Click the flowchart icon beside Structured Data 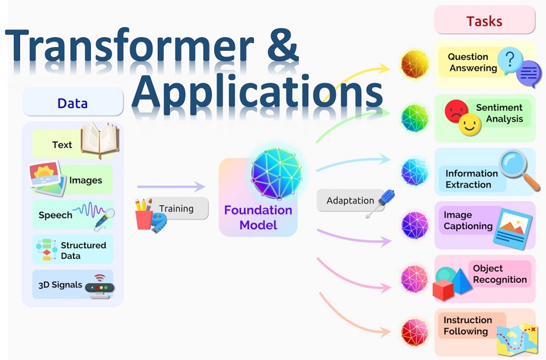pos(47,249)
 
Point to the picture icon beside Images pos(47,178)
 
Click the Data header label pos(72,104)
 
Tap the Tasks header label pos(485,21)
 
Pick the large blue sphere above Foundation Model pos(277,174)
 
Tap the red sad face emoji pos(456,111)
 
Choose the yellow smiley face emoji pos(469,125)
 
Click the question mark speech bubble pos(510,60)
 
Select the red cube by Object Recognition pos(443,289)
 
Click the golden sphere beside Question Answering pos(414,64)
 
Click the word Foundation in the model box pos(258,210)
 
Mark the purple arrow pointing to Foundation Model pos(171,187)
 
